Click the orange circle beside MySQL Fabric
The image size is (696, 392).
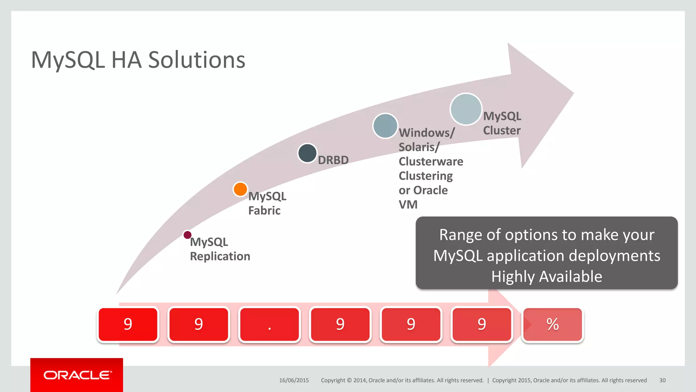point(240,189)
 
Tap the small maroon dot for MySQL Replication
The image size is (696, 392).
point(187,235)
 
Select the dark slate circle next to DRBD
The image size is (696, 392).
point(307,153)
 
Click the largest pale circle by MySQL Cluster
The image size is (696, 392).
point(466,109)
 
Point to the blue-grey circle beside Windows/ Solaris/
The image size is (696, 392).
point(385,126)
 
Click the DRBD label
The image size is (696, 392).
point(333,160)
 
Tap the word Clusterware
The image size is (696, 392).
point(431,161)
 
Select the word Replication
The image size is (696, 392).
point(220,256)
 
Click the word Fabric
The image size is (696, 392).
point(264,211)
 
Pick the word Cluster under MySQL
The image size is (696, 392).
point(502,130)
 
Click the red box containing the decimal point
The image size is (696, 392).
point(269,324)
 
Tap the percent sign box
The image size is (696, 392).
point(553,324)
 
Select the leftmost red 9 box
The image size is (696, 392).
point(128,324)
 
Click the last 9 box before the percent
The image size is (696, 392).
point(482,324)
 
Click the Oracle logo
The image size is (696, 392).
point(77,375)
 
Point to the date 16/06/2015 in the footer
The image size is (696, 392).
point(294,380)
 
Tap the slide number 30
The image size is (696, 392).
point(662,380)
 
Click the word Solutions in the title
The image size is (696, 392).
point(197,60)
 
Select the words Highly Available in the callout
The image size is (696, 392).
point(546,276)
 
